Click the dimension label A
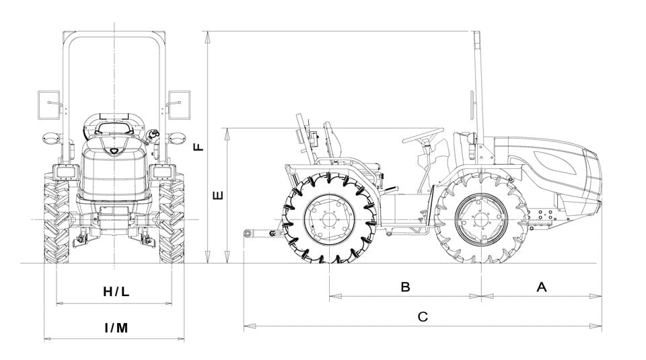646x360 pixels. (541, 287)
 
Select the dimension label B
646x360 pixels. (405, 287)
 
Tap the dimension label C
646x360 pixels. (423, 317)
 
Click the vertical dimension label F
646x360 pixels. (199, 147)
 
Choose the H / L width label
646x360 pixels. (116, 291)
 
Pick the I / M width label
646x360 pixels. (116, 328)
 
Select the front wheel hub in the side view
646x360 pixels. (481, 219)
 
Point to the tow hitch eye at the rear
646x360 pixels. (247, 233)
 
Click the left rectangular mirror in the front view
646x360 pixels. (49, 105)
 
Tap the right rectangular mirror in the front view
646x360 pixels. (179, 105)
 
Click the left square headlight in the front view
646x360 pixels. (66, 172)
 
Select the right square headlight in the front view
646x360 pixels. (162, 172)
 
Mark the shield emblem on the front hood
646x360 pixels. (114, 151)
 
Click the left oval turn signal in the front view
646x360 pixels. (50, 139)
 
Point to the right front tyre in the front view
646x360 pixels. (172, 218)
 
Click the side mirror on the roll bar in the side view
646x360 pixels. (473, 105)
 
